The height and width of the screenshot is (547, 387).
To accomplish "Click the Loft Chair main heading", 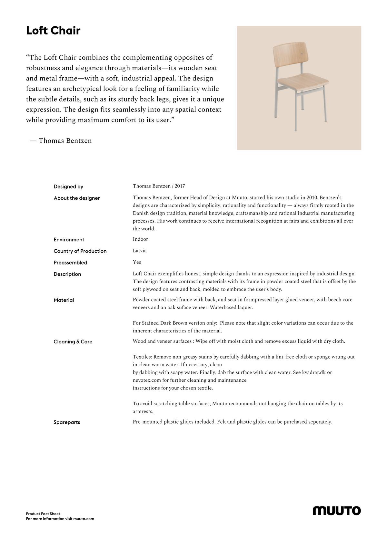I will click(x=53, y=31).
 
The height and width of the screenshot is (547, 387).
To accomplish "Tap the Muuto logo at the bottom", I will click(x=337, y=511).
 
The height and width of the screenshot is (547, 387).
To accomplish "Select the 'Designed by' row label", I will click(x=68, y=187).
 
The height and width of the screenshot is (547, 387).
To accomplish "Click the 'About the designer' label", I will click(x=77, y=198).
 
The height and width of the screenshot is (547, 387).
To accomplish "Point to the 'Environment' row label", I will click(x=69, y=240).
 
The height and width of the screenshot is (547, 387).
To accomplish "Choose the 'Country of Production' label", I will click(x=80, y=251).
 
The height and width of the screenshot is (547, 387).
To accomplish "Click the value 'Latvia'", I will click(x=140, y=251).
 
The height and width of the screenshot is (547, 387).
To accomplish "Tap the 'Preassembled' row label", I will click(x=70, y=263).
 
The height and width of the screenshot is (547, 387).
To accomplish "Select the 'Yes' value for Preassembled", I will click(x=137, y=262).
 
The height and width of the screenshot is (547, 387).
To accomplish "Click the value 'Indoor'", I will click(x=140, y=239).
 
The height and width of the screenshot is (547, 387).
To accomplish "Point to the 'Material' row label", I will click(x=64, y=300).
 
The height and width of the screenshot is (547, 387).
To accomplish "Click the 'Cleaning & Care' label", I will click(x=73, y=342).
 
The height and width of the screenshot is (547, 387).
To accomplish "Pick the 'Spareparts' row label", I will click(x=67, y=422).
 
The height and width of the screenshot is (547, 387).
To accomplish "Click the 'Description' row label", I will click(x=67, y=274).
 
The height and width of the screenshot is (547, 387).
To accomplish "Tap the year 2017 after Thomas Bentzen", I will click(x=180, y=186).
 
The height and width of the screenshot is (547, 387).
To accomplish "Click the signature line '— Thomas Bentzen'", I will click(x=61, y=141).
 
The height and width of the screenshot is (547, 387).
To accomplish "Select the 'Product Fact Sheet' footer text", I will click(x=43, y=514).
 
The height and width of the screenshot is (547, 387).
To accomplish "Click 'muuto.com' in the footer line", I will click(x=84, y=519).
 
